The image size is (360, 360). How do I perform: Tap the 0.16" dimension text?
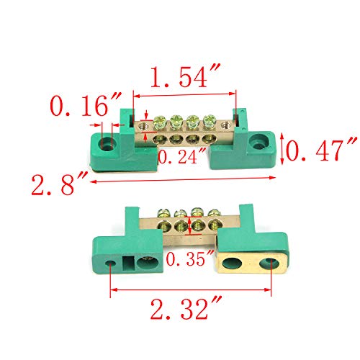coord(79,109)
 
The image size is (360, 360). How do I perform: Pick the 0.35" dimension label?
coord(189,258)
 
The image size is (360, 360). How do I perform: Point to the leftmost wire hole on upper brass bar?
coord(158,137)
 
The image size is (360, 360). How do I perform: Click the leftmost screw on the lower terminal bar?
coord(166,213)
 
